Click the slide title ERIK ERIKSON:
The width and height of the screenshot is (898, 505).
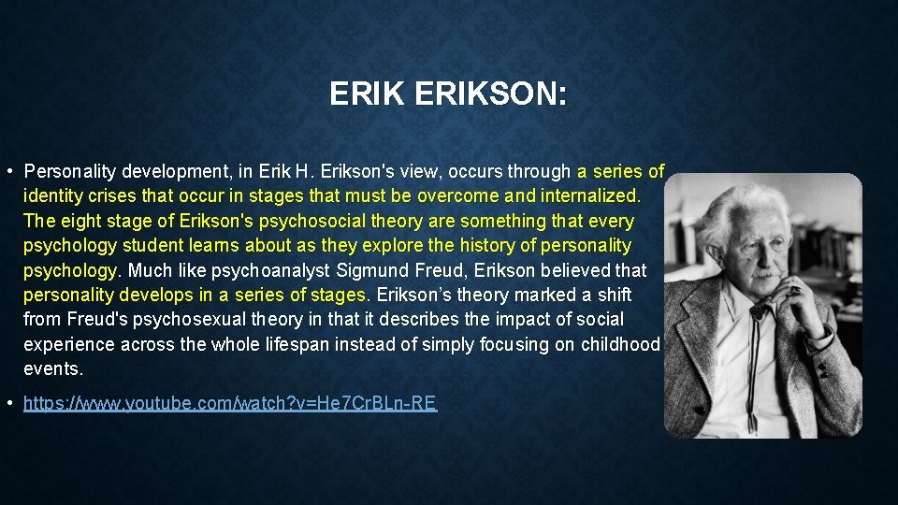pos(448,94)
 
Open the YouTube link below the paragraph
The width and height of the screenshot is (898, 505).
pos(229,403)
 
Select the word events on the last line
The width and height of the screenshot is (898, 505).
pos(52,368)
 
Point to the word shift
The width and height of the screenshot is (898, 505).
pos(614,295)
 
